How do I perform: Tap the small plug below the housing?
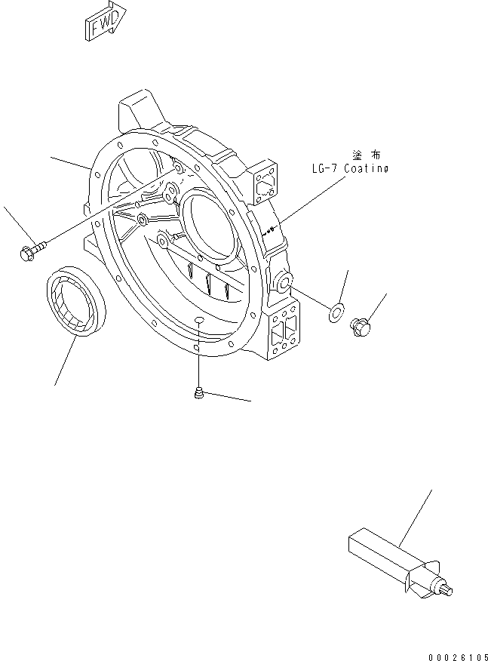coord(198,392)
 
